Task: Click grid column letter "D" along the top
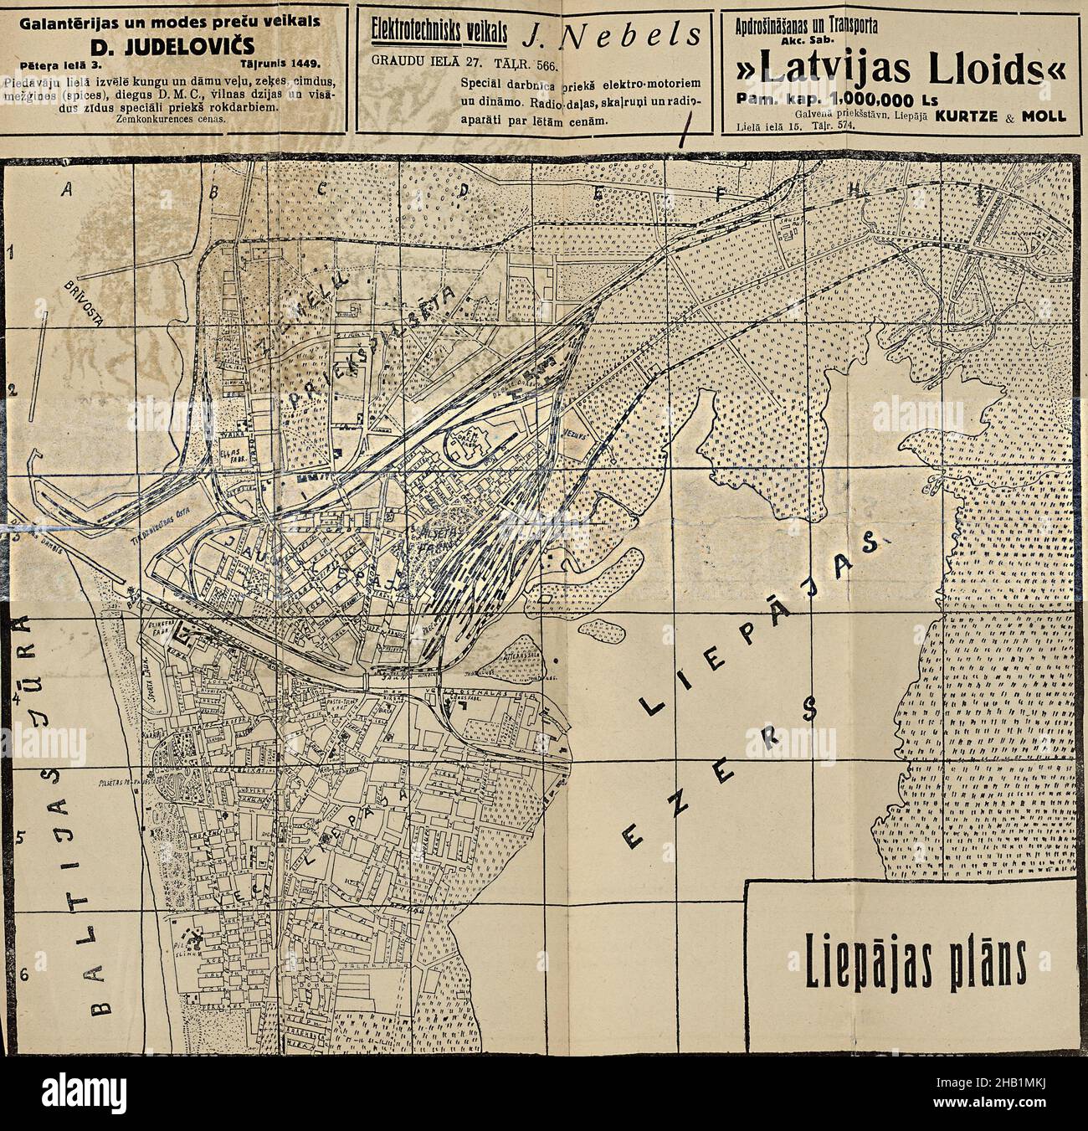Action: [463, 191]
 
